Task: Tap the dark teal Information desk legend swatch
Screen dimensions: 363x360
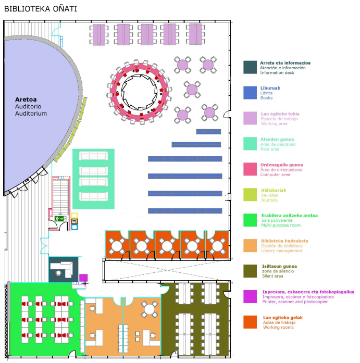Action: (250, 67)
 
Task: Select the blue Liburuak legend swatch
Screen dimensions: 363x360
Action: (250, 93)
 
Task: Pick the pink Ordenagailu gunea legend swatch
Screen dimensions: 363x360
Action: (250, 169)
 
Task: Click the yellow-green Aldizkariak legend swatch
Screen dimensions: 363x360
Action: (250, 195)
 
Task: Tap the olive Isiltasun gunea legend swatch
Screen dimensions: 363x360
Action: (250, 271)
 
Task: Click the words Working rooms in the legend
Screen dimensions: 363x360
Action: (278, 328)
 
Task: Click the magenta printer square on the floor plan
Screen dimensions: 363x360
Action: (83, 278)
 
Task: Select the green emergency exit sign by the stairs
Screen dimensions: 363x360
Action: (59, 219)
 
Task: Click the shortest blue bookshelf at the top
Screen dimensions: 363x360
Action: (208, 131)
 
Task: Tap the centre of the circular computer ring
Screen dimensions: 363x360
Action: (140, 92)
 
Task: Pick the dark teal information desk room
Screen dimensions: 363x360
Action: (63, 269)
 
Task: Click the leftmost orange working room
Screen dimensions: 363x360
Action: (117, 244)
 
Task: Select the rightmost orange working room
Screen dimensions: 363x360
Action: (217, 244)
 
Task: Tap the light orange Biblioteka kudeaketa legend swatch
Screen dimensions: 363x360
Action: (250, 246)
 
